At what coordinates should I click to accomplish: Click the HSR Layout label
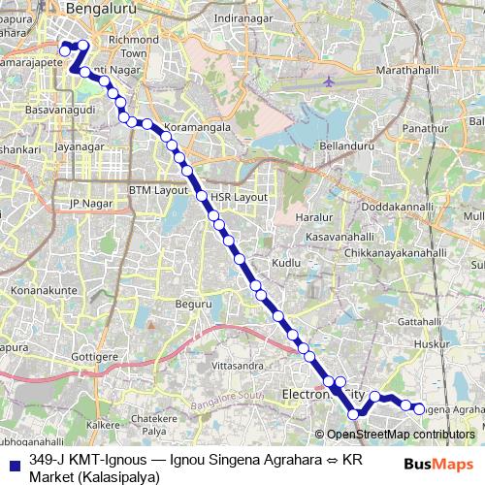click(x=238, y=196)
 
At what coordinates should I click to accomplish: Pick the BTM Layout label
click(x=159, y=190)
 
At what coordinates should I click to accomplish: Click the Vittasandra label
click(x=238, y=366)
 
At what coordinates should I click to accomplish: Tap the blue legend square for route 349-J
click(x=14, y=465)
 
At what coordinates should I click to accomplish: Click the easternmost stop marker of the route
click(x=419, y=409)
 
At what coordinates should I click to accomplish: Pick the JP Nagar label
click(x=85, y=203)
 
